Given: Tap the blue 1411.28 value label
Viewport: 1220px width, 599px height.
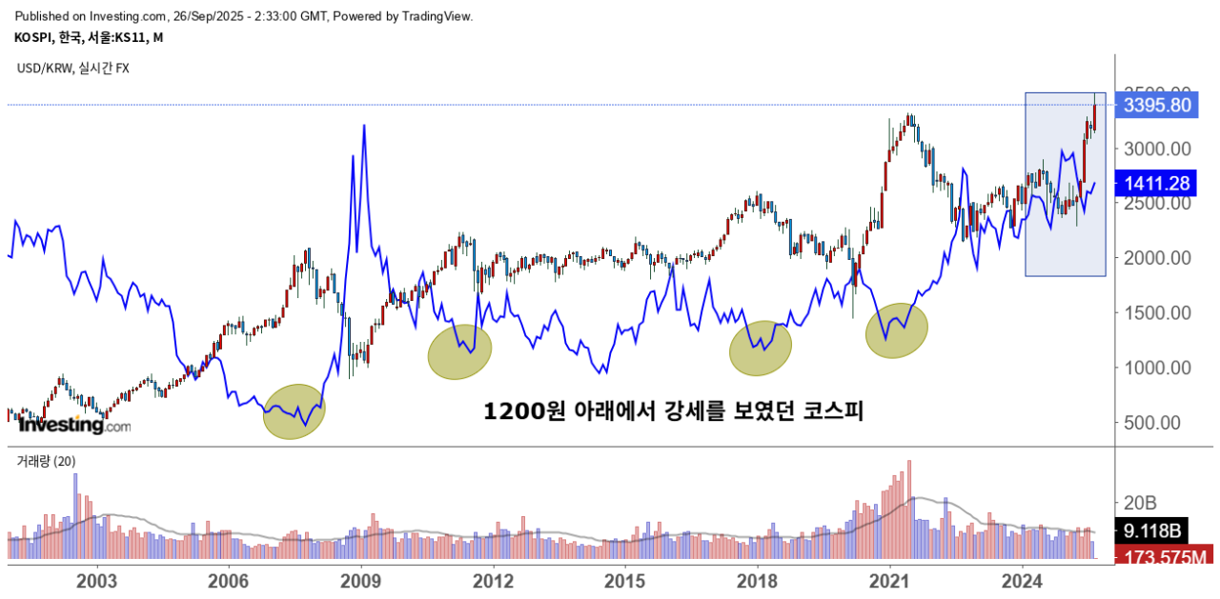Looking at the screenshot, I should click(x=1157, y=183).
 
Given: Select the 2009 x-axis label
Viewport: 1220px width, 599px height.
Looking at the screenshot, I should click(x=361, y=580).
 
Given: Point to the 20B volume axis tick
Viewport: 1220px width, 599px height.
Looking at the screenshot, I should click(x=1142, y=502).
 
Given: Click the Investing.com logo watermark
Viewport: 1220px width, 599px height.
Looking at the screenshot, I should click(x=74, y=425).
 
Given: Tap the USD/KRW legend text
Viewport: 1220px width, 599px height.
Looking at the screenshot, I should click(x=73, y=69).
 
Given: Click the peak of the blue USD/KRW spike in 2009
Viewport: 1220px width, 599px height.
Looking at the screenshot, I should click(x=364, y=126).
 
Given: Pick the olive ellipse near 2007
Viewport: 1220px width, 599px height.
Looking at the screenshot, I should click(x=294, y=411).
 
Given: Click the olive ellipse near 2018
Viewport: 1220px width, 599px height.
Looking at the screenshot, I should click(x=761, y=349).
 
